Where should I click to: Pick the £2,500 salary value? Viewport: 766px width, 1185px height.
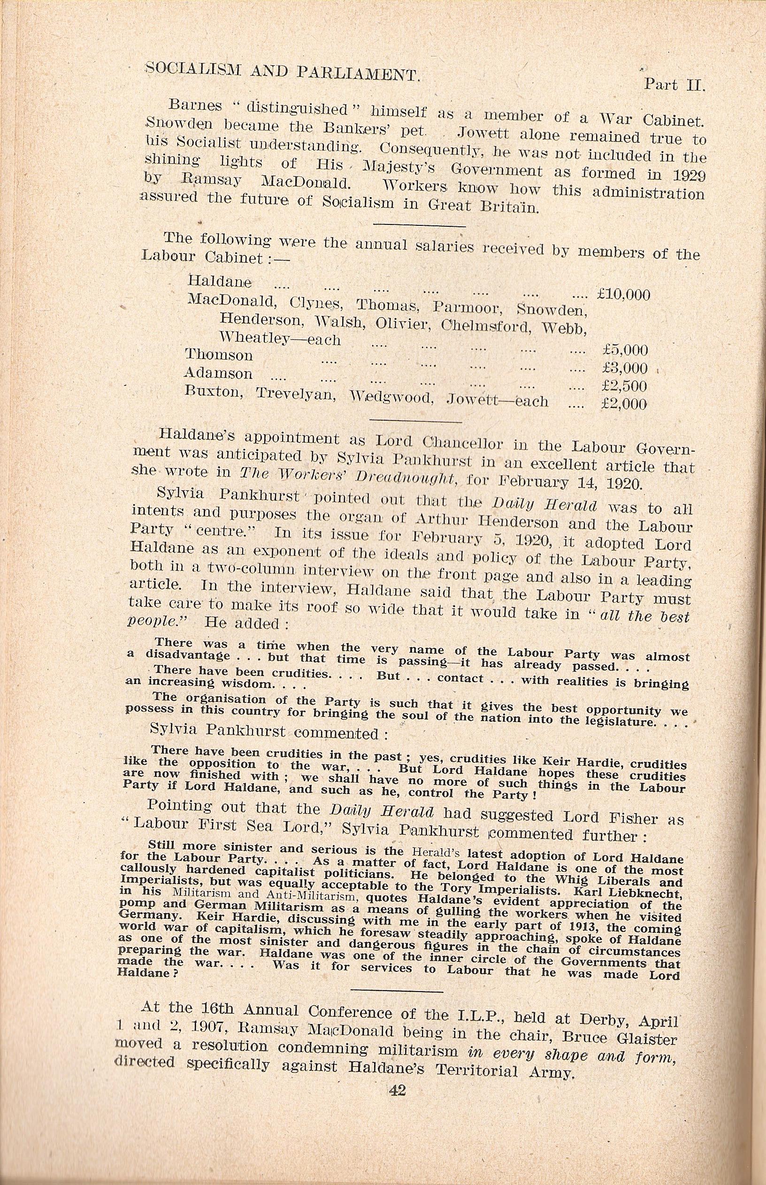coord(624,386)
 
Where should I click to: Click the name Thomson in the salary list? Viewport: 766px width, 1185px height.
coord(219,355)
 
